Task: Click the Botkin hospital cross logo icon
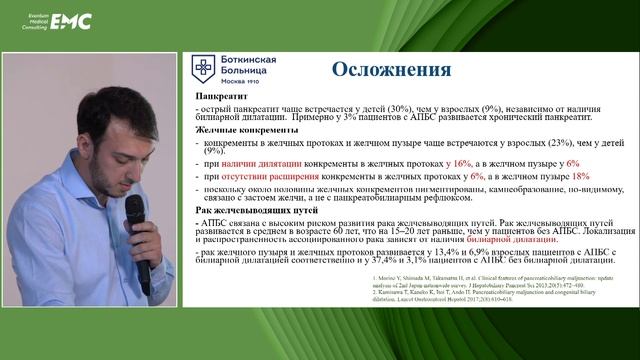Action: pyautogui.click(x=204, y=68)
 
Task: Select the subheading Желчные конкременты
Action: pyautogui.click(x=238, y=131)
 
